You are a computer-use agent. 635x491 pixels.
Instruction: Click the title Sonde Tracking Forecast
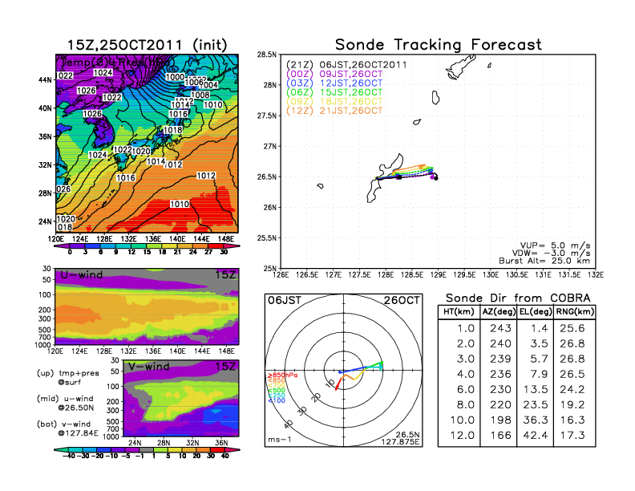point(438,45)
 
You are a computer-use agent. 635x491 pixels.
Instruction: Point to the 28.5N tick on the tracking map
point(267,55)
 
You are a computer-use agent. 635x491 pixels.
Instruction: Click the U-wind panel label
point(83,275)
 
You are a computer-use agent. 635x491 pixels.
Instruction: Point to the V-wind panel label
point(154,367)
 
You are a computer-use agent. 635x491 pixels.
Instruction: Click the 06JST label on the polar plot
point(284,300)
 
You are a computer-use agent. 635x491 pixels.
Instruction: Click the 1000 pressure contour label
point(174,77)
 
